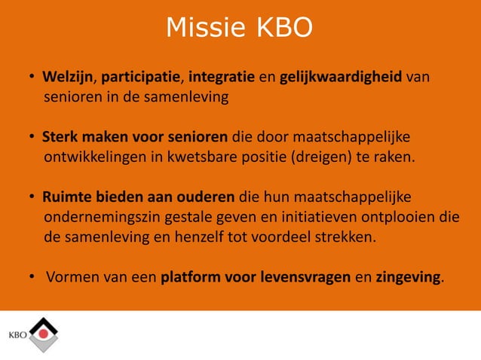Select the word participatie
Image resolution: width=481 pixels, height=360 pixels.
point(141,78)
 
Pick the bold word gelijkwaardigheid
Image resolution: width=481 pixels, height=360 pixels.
point(340,78)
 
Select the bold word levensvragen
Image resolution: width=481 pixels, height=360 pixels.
point(303,278)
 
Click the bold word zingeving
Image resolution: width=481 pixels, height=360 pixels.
point(408,278)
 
